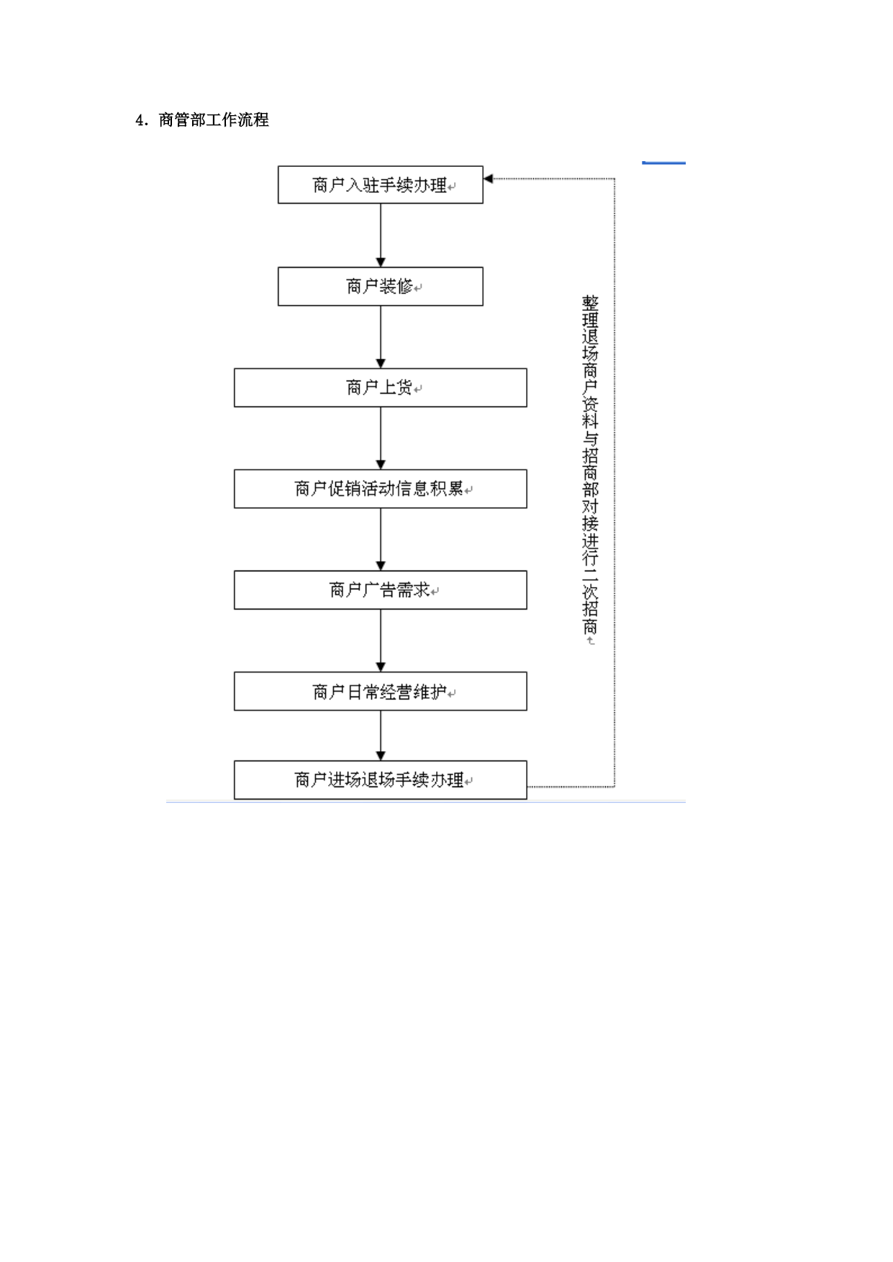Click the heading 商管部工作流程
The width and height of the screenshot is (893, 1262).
(214, 119)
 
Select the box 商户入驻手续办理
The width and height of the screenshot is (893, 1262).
(380, 185)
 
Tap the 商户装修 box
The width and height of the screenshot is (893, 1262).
(380, 286)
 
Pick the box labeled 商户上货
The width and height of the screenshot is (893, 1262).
(380, 388)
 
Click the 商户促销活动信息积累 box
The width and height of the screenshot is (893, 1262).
(380, 489)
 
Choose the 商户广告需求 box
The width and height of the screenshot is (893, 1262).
(380, 590)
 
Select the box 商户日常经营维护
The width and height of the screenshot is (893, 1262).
(380, 691)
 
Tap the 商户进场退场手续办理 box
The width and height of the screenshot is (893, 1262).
(380, 780)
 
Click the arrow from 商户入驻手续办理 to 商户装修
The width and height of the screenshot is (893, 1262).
(381, 235)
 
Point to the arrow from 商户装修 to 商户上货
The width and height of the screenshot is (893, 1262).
(381, 337)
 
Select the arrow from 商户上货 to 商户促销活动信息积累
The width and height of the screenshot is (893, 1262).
(381, 438)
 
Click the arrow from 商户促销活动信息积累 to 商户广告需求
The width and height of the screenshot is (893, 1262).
(381, 540)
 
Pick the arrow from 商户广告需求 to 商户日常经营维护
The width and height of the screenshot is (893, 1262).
(381, 640)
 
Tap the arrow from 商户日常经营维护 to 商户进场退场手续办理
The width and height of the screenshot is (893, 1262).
(381, 735)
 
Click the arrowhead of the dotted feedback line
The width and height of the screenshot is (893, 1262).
(488, 178)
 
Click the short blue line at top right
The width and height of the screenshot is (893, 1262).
(663, 163)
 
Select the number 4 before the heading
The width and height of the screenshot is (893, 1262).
(140, 120)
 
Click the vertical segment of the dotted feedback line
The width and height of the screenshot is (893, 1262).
(615, 483)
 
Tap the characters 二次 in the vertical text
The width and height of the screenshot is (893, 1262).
(590, 584)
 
